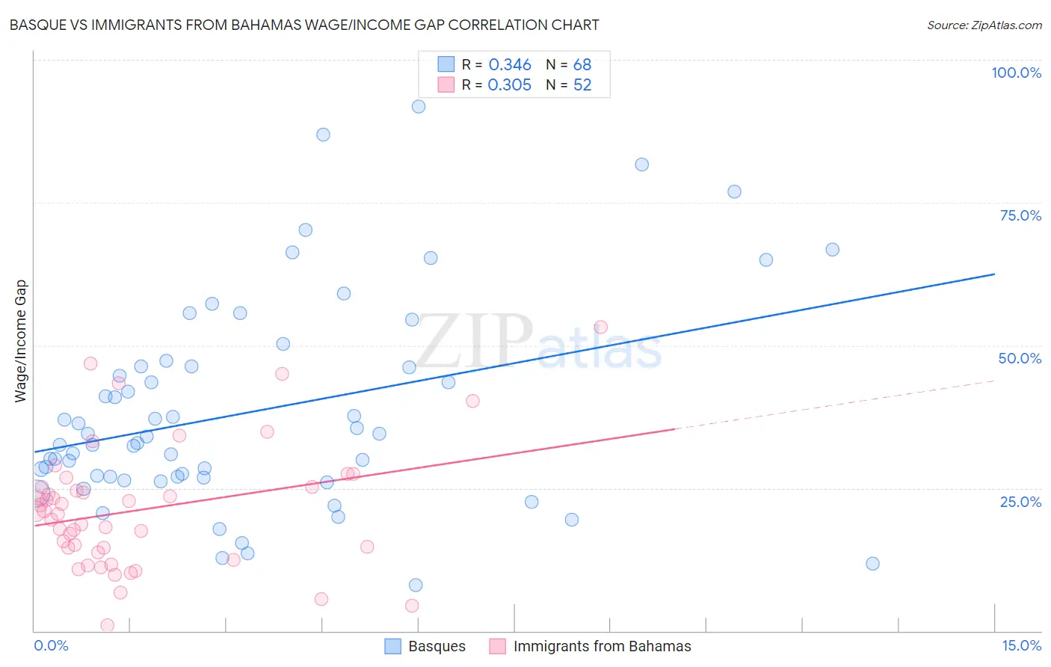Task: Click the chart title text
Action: [304, 25]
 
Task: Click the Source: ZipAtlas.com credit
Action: [984, 25]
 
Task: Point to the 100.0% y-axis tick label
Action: [1016, 73]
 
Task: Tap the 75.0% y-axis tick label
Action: [1020, 215]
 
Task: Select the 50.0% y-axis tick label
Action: [1020, 358]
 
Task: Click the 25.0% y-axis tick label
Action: [1020, 501]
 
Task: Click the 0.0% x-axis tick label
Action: [51, 645]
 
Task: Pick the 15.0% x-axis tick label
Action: [1021, 645]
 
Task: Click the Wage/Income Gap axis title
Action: [21, 341]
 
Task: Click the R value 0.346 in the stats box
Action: [510, 65]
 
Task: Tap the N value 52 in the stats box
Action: [582, 85]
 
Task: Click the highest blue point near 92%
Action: [419, 107]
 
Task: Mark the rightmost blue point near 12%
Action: [872, 564]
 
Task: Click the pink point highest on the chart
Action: [600, 327]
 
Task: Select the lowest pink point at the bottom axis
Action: [108, 625]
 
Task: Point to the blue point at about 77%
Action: [734, 191]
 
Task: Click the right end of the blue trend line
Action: [994, 274]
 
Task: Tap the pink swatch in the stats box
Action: [446, 84]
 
